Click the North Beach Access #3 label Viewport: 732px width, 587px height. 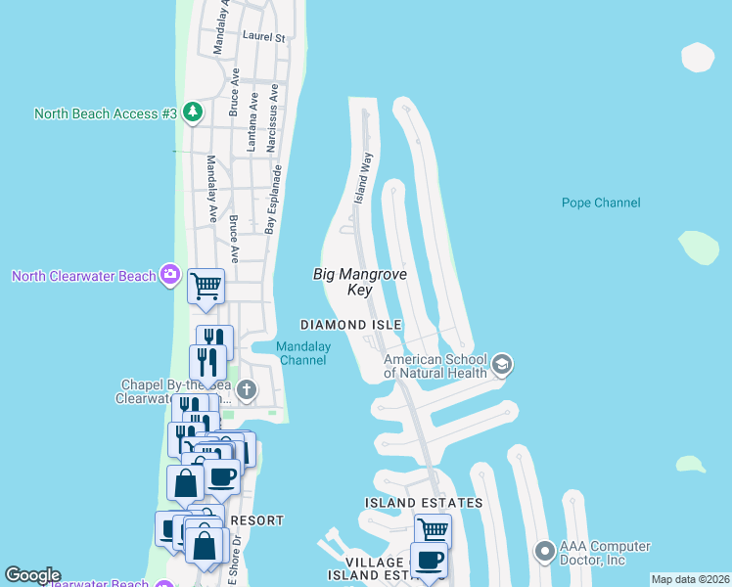pos(106,113)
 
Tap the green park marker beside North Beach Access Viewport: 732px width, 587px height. pos(193,113)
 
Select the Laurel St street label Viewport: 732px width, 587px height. pos(263,38)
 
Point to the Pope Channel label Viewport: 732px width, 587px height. pos(601,203)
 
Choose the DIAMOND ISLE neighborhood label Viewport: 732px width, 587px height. pos(351,325)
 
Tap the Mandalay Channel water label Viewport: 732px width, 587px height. pos(303,353)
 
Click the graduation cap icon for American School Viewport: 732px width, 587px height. pos(502,365)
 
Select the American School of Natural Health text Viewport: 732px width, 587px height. pos(435,365)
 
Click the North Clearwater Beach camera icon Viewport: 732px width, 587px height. pos(171,275)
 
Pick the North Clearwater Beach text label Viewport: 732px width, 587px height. pos(84,276)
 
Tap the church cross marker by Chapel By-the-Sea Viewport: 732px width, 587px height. pos(247,391)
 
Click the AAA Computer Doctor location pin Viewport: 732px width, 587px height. pos(544,553)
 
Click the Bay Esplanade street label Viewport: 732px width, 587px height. pos(274,200)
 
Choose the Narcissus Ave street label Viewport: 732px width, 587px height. pos(276,107)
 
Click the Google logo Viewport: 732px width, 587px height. pos(32,575)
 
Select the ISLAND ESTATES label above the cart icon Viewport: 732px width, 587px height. pos(424,503)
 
